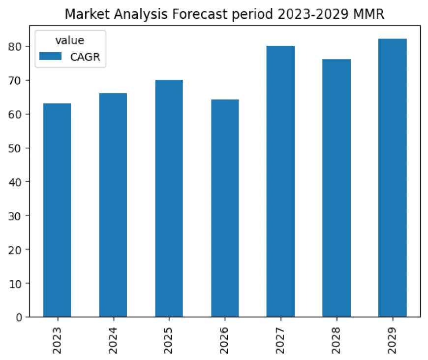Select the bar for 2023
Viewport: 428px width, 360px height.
coord(57,210)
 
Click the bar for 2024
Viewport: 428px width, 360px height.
coord(113,205)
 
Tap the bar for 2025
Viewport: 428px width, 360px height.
coord(169,198)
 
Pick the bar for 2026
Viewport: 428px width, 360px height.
coord(225,208)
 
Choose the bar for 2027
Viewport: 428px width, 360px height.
coord(280,181)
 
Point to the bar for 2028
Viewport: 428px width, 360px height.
coord(336,188)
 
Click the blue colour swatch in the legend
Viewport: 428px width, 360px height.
coord(50,56)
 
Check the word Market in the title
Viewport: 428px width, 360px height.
coord(85,15)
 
